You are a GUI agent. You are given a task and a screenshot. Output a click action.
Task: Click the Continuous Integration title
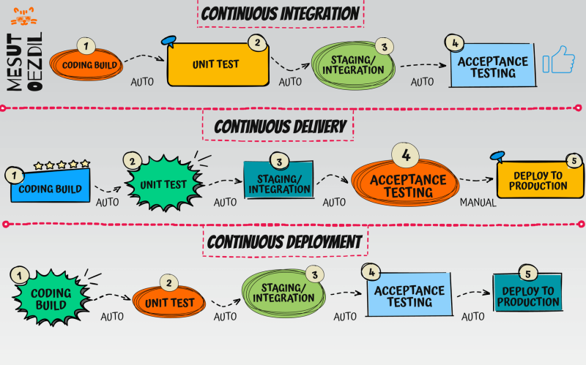(x=281, y=13)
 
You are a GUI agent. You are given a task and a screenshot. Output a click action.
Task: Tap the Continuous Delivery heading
(x=281, y=127)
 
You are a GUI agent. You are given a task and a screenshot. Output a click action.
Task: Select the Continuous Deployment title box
(x=284, y=241)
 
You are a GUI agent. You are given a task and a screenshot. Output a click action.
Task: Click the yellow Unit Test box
(x=216, y=64)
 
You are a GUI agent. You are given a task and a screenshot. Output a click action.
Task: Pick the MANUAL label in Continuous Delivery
(x=478, y=203)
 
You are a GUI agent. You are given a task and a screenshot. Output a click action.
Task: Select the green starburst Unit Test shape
(x=164, y=183)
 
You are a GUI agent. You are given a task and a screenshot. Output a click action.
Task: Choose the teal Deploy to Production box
(x=527, y=296)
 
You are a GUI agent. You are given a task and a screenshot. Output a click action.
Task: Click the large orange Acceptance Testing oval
(x=407, y=186)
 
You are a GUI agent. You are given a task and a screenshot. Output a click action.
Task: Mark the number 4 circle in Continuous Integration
(x=455, y=43)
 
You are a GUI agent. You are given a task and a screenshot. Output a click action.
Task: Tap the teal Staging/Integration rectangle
(x=278, y=184)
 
